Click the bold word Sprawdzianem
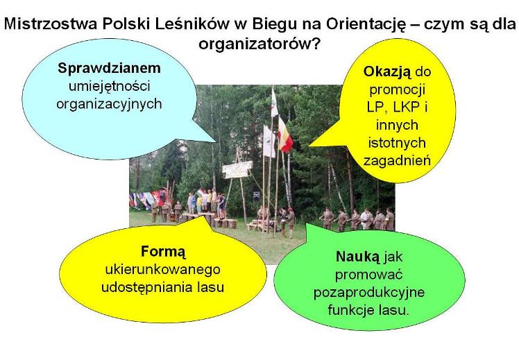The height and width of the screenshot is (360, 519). click(109, 68)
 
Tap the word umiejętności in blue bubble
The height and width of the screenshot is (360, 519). click(110, 87)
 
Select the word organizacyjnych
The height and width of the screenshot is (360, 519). click(109, 105)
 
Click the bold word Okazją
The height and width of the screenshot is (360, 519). click(387, 72)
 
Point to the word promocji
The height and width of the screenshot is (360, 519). click(398, 90)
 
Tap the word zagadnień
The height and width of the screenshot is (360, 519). click(397, 161)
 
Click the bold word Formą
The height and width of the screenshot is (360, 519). click(163, 252)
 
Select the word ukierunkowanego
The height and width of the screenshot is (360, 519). click(162, 270)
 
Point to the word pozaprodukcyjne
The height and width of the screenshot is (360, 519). click(369, 293)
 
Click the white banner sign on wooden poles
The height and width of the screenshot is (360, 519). click(238, 169)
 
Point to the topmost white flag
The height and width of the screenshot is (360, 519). click(274, 103)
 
